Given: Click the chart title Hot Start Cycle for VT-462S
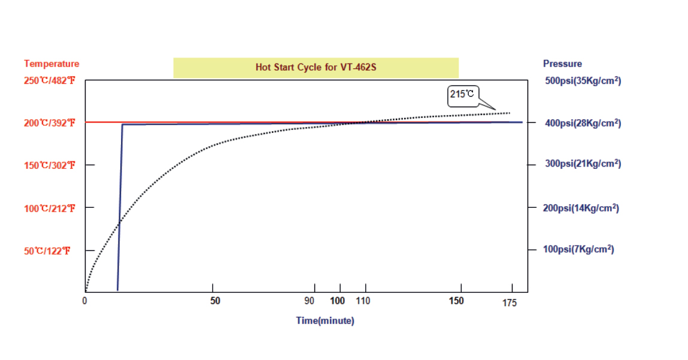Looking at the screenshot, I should tap(316, 68).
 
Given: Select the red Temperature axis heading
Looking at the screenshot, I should tap(51, 63).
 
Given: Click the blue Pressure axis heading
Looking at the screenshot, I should tap(562, 63).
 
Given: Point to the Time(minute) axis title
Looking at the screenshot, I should tap(325, 320).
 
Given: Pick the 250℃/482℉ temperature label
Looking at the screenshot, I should tap(50, 80).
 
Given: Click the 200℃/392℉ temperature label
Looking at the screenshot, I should tap(50, 123).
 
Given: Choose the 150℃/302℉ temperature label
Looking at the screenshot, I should tap(50, 165).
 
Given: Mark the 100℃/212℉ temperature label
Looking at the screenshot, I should tap(50, 208).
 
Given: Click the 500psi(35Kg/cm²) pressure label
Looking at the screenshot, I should tap(582, 80).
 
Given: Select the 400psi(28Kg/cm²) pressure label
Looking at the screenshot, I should tap(582, 123).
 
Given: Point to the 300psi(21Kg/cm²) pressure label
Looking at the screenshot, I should tap(582, 164).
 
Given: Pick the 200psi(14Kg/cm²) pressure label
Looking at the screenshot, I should tap(581, 208).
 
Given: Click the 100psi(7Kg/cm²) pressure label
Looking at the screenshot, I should tap(578, 249).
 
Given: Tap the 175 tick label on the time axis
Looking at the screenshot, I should tap(510, 302).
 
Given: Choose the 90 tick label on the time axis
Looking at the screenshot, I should tap(310, 301).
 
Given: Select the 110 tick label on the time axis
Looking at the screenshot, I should tap(363, 301).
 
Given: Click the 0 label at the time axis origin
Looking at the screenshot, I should tap(85, 301).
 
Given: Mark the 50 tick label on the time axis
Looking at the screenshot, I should tap(215, 301).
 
